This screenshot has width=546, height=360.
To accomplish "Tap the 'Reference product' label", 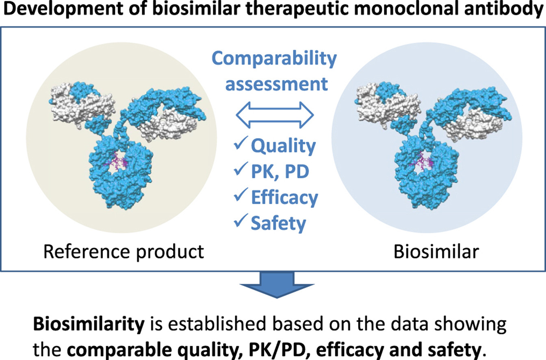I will [x=123, y=252].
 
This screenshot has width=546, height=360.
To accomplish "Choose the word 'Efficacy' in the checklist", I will [x=284, y=198].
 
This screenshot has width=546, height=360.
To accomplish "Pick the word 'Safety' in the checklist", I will [x=278, y=223].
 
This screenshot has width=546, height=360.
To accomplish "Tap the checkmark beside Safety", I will [x=240, y=222].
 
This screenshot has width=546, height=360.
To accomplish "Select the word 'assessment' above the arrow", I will [x=276, y=84].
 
